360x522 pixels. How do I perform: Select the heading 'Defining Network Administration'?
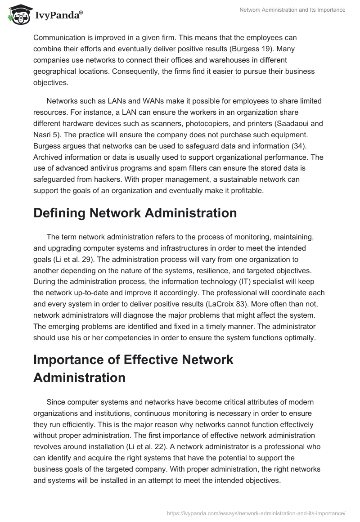tap(135, 213)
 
